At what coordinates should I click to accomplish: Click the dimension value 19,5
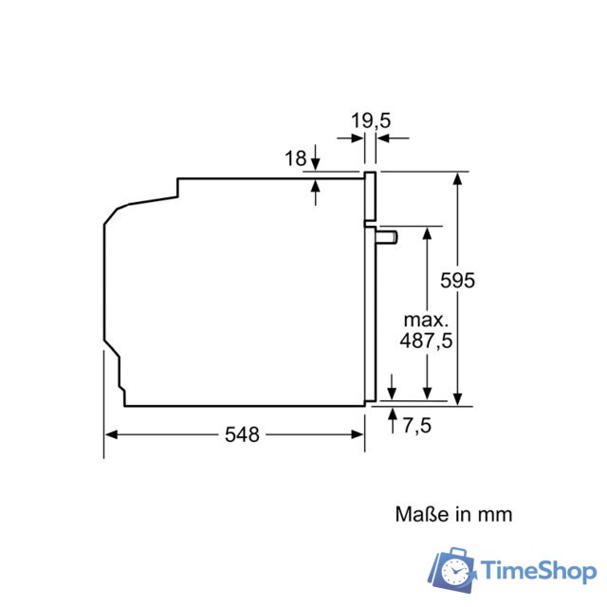[x=371, y=120]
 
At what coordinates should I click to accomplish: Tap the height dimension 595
[x=457, y=281]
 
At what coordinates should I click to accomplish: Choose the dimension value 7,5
[x=417, y=426]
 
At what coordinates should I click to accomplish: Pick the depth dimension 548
[x=241, y=434]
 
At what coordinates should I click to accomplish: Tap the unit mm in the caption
[x=494, y=514]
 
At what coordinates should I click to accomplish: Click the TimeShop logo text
[x=537, y=570]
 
